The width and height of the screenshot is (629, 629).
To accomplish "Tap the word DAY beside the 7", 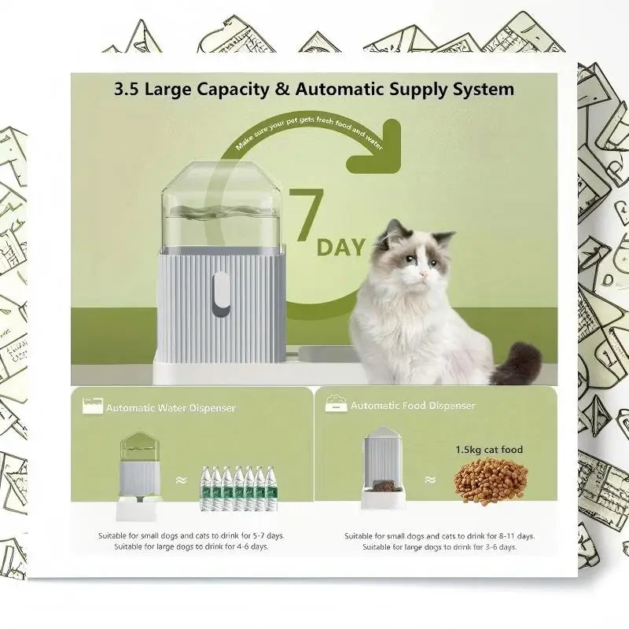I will point(341,247).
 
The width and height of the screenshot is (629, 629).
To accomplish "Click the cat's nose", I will point(422,272).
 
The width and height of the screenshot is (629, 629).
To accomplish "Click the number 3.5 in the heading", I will point(130,89).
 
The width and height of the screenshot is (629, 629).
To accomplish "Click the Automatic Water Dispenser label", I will point(171,408).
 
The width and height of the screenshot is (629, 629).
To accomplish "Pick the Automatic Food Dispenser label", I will point(413,406).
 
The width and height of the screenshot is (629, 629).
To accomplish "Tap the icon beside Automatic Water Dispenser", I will point(93,406).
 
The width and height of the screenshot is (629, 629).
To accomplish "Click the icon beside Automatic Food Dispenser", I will point(336,405).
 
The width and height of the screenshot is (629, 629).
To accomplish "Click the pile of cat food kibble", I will point(491,481).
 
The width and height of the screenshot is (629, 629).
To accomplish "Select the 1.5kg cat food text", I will point(489,450).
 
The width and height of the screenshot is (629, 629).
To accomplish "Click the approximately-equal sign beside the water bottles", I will point(181,480).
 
